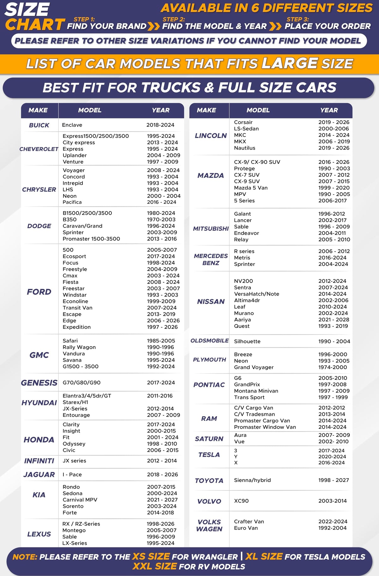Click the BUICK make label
coord(39,125)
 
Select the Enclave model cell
coord(72,125)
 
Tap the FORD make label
coord(39,291)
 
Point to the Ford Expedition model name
coord(76,327)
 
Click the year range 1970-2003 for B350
coord(161,219)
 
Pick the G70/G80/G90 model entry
coord(81,382)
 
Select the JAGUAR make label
coord(39,474)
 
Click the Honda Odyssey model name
coord(74,444)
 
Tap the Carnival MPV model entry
coord(80,500)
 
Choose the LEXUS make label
coord(39,534)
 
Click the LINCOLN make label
coord(211,135)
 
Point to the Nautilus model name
coord(244,148)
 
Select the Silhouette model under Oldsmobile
coord(247,341)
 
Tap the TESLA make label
coord(209,455)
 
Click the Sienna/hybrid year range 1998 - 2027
coord(334,480)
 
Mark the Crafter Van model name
coord(249,521)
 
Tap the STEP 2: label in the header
coord(174,19)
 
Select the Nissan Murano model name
coord(244,313)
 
